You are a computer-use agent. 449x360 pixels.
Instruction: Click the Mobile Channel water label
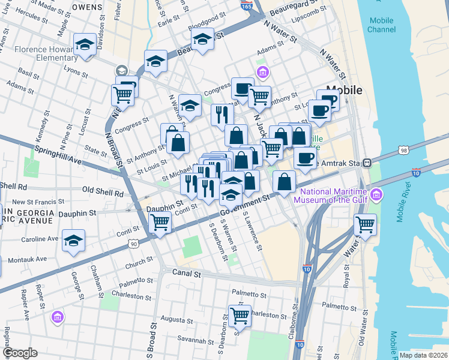click(381, 25)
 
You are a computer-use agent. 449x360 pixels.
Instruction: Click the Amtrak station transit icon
click(372, 163)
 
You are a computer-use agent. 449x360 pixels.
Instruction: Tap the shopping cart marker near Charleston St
click(239, 314)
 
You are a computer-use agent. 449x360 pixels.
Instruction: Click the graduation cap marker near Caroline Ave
click(74, 241)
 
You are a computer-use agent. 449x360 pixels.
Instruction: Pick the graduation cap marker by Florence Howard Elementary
click(85, 44)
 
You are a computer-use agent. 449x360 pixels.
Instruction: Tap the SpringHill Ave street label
click(58, 155)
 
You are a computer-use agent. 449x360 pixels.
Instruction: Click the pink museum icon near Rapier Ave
click(58, 316)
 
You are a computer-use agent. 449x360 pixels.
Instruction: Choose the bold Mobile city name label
click(344, 90)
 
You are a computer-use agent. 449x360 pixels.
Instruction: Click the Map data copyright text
click(423, 355)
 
